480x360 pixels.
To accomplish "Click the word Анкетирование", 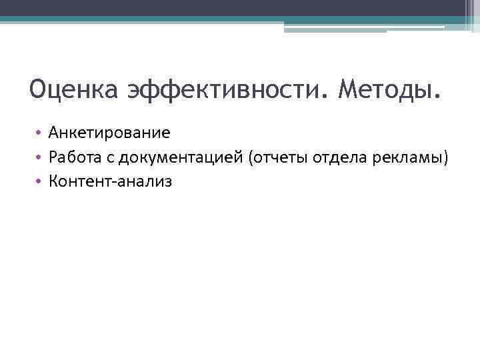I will click(x=109, y=133).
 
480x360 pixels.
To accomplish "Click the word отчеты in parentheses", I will click(x=279, y=157).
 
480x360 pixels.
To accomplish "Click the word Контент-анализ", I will click(x=110, y=181).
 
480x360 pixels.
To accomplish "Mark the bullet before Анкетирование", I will click(x=40, y=133).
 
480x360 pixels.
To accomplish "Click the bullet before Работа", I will click(x=40, y=157).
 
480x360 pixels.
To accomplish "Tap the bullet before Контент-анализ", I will click(x=40, y=181).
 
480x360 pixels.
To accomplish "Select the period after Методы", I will click(x=437, y=97).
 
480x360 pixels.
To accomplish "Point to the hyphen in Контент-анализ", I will click(x=115, y=181).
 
